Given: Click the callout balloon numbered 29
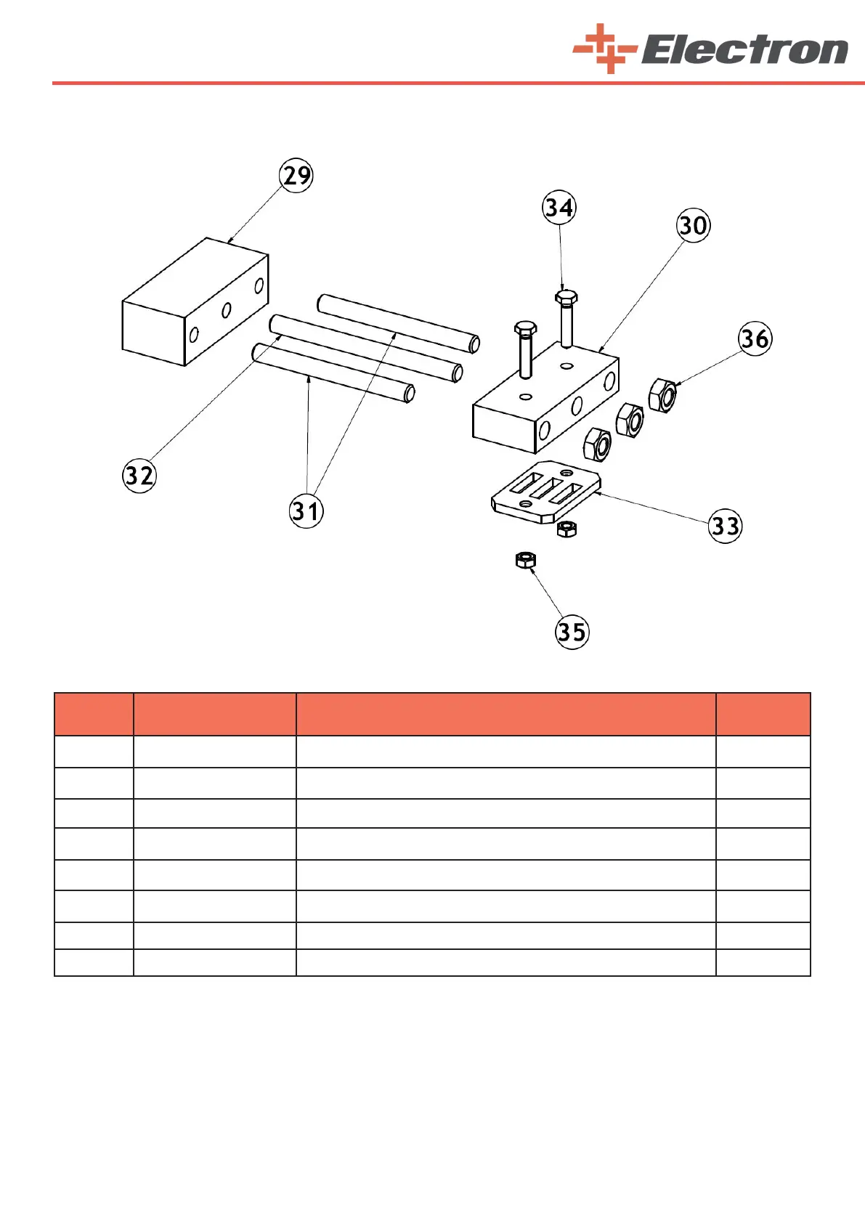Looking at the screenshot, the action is tap(296, 176).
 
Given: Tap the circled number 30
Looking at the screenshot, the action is tap(693, 225).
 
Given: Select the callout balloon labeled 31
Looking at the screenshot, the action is tap(306, 511).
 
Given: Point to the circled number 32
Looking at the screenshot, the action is tap(139, 476).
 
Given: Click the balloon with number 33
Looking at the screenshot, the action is tap(725, 526).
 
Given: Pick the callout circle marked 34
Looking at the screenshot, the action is tap(559, 208).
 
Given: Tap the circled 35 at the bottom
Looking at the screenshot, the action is tap(572, 632).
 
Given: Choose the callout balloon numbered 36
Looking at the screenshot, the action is tap(755, 338).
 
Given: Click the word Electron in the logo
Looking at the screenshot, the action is tap(744, 51).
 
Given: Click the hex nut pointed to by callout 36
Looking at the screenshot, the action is tap(663, 395).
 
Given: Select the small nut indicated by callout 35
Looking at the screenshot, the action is tap(525, 560).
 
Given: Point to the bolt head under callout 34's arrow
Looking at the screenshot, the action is tap(566, 297).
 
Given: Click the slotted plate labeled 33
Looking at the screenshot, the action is tap(546, 492).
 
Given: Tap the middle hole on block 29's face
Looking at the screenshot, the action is tap(227, 311).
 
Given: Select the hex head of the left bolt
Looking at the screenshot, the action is tap(525, 328).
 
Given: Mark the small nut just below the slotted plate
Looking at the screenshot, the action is tap(566, 529).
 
